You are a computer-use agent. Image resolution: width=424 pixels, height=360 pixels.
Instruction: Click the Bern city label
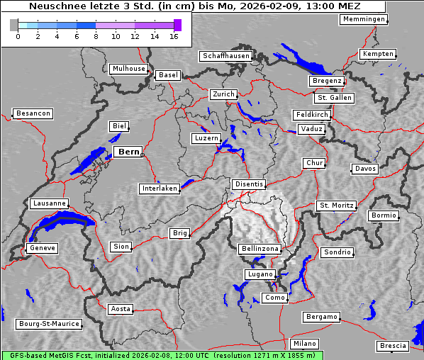pos(128,152)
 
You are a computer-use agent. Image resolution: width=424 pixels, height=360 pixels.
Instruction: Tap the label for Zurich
pos(223,94)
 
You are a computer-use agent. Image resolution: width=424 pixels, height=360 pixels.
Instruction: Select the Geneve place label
pos(42,248)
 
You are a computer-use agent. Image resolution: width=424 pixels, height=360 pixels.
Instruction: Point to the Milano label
pos(305,343)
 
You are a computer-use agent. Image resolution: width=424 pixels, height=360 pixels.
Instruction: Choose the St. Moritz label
pos(336,206)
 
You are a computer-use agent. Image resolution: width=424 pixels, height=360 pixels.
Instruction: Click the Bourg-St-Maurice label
pos(48,324)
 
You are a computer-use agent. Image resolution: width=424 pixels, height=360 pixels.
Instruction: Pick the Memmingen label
pos(364,19)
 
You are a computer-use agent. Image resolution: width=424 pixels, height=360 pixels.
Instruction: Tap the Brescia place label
pos(393,346)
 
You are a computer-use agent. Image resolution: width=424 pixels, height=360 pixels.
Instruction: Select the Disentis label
pos(249,184)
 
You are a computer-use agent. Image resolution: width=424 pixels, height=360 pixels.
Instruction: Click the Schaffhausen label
pos(225,56)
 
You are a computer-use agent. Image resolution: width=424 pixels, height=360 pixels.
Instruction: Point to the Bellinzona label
pos(260,249)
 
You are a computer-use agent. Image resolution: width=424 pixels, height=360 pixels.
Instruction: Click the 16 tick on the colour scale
pos(174,36)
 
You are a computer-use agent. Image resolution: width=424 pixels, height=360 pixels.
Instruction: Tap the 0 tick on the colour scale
pos(18,36)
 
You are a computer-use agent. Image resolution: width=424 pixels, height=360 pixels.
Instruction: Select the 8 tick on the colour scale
pos(96,36)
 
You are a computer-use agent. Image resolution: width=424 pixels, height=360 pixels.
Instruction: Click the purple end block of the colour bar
pos(177,25)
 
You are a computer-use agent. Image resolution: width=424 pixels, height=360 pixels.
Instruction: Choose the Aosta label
pos(121,309)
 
